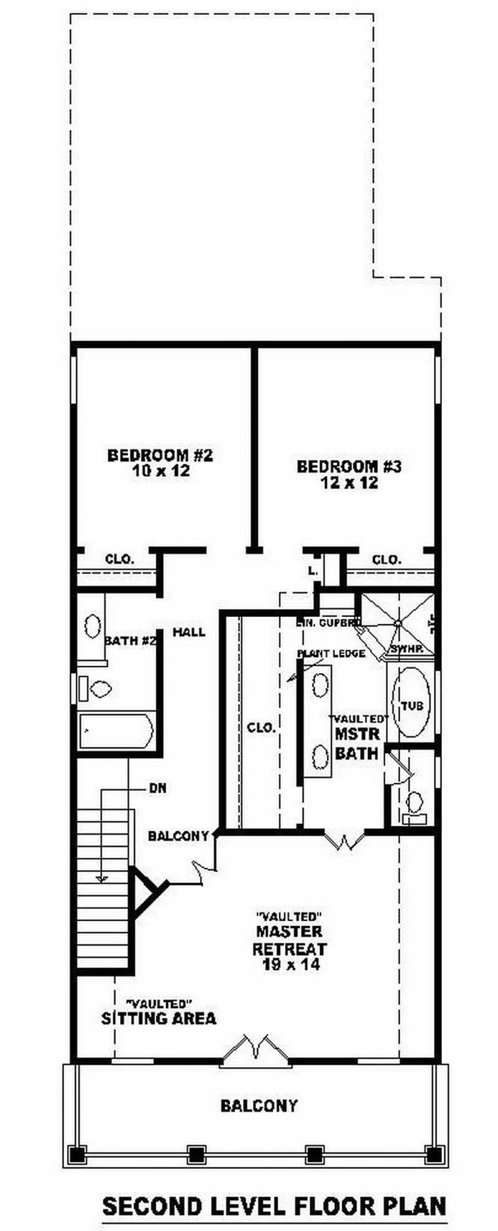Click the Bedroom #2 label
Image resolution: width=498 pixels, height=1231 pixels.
pos(160,462)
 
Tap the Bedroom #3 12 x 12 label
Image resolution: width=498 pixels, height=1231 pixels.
pos(349,474)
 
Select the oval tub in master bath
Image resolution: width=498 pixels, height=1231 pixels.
pos(411,702)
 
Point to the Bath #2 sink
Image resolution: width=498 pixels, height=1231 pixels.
pos(93,626)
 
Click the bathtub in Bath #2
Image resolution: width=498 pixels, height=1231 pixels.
pos(116,730)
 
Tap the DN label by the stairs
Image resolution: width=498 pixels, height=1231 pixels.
pos(157,788)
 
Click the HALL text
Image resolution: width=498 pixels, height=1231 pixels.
pos(189,632)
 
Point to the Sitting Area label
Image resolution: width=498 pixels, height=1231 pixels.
pos(159,1018)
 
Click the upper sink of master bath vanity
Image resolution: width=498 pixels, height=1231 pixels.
pos(321,684)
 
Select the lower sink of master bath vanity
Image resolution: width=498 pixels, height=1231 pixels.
pos(321,756)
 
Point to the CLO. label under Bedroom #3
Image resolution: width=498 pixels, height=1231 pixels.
pos(387,560)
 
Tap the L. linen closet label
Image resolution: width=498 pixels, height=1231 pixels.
pos(313,570)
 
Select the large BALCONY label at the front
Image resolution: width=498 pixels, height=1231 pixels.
pos(259,1106)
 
